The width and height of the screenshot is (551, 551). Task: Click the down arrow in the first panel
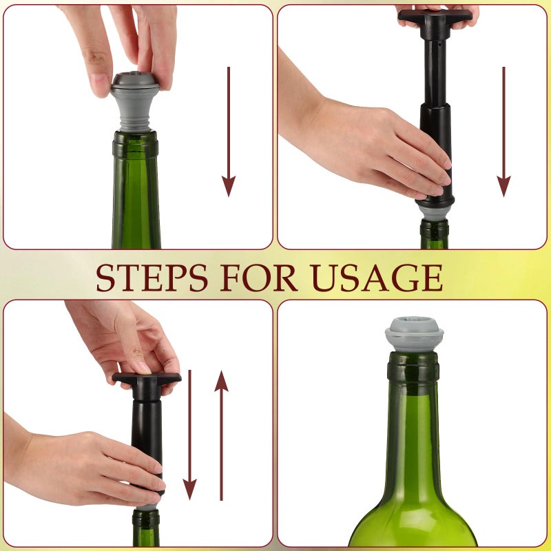click(x=229, y=131)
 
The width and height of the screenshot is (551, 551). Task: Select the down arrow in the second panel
click(x=504, y=131)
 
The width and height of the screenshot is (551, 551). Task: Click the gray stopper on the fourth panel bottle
click(x=413, y=334)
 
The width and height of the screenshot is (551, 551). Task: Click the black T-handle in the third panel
click(x=147, y=378)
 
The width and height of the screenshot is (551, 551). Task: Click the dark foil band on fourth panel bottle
click(x=413, y=367)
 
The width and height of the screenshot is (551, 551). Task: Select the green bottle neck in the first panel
click(x=136, y=200)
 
